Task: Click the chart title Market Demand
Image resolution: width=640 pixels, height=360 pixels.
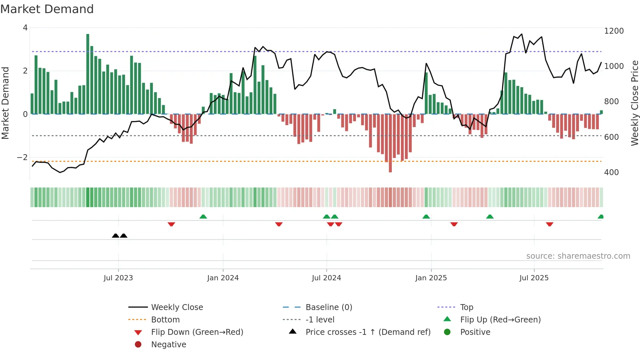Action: point(47,9)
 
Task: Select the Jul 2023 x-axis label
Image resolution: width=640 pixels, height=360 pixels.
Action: point(118,278)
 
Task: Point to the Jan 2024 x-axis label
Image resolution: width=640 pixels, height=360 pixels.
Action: point(223,278)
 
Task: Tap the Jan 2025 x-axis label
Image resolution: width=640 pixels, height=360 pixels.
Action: point(431,278)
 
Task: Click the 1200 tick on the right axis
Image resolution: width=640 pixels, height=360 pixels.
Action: point(614,31)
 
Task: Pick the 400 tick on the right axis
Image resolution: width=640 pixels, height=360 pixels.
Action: point(611,172)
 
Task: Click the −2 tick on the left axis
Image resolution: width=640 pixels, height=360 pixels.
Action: point(22,157)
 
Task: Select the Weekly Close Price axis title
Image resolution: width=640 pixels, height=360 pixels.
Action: point(634,103)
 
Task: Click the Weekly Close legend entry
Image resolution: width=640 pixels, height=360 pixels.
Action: point(177,307)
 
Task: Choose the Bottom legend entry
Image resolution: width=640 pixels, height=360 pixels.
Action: point(165,320)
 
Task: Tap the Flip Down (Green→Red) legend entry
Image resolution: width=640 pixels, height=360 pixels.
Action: point(197,332)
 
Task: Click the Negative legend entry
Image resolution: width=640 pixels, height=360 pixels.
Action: point(168,345)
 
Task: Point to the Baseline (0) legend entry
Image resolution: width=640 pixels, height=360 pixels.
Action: point(328,307)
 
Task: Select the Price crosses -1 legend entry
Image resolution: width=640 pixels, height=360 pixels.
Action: point(368,332)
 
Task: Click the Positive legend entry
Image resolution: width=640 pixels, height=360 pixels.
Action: point(475,332)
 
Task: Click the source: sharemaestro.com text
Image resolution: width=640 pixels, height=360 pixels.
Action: point(578,256)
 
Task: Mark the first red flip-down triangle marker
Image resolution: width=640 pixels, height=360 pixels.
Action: point(171,224)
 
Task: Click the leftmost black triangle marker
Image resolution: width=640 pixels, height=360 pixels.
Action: point(115,236)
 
